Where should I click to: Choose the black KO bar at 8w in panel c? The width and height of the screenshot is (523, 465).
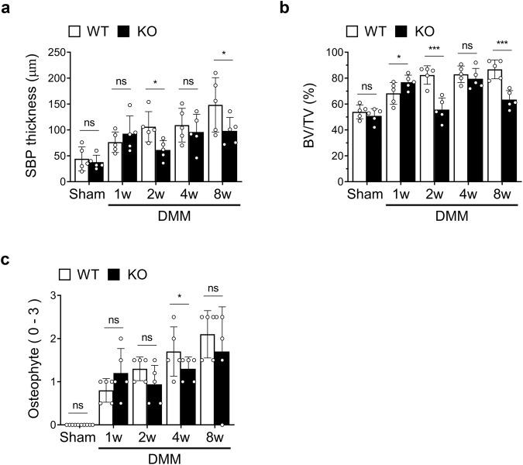pos(222,387)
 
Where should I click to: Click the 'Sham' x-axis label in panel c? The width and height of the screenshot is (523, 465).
pos(78,436)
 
